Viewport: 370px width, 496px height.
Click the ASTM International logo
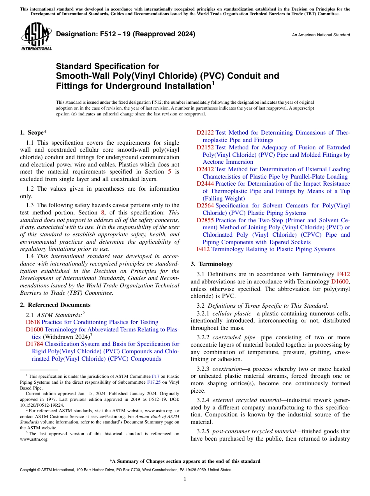click(x=36, y=37)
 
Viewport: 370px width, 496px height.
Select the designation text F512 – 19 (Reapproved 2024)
click(x=125, y=34)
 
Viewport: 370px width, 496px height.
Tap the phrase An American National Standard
click(x=321, y=35)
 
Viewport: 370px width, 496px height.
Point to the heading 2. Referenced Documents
click(x=55, y=305)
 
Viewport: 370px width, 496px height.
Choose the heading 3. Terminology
click(x=211, y=264)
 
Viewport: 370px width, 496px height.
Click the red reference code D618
click(x=33, y=322)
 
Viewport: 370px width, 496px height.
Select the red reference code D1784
click(x=34, y=344)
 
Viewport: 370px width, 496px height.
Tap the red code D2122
click(x=205, y=133)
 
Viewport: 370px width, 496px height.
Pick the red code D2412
click(x=205, y=169)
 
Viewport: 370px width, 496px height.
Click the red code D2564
click(x=205, y=205)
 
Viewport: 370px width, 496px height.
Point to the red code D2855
click(x=205, y=220)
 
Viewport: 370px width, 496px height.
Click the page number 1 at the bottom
click(x=185, y=479)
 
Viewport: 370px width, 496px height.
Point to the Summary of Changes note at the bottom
click(x=185, y=461)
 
